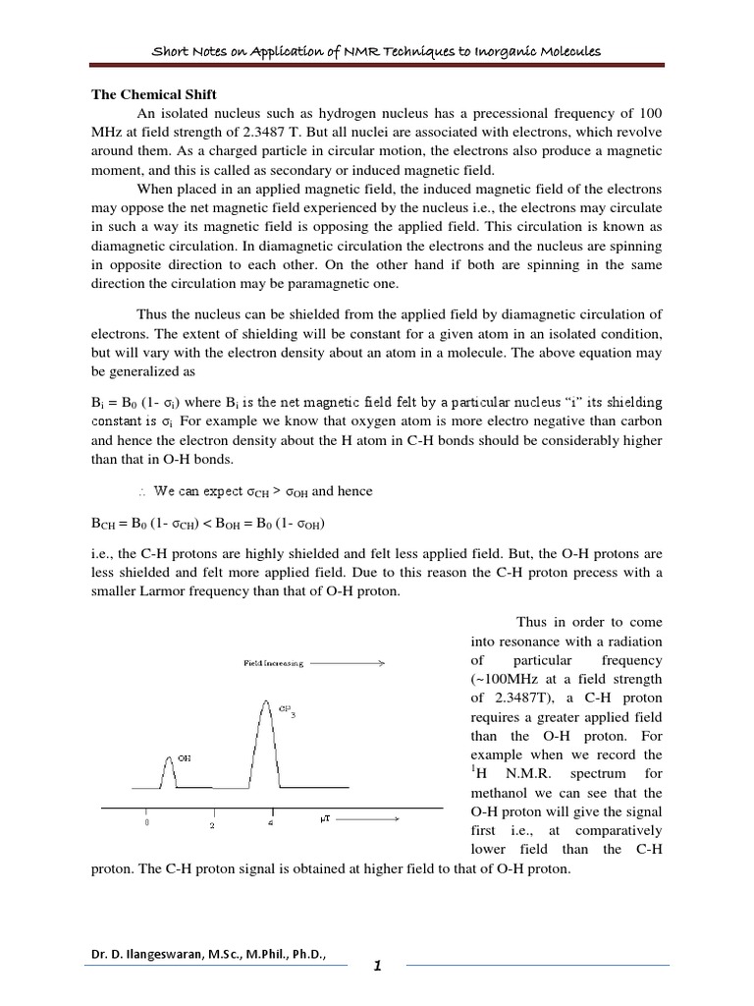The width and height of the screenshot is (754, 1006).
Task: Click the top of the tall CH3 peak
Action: pyautogui.click(x=264, y=699)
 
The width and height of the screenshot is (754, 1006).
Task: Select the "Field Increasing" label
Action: pyautogui.click(x=274, y=664)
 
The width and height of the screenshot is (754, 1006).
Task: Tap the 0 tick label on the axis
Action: pyautogui.click(x=147, y=824)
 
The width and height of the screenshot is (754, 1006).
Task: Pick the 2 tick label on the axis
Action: pyautogui.click(x=210, y=826)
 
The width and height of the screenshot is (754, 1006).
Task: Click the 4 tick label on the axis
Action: pyautogui.click(x=272, y=824)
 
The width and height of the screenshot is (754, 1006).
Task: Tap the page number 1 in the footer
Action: pyautogui.click(x=377, y=969)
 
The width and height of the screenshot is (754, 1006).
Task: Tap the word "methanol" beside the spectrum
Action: pyautogui.click(x=501, y=792)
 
